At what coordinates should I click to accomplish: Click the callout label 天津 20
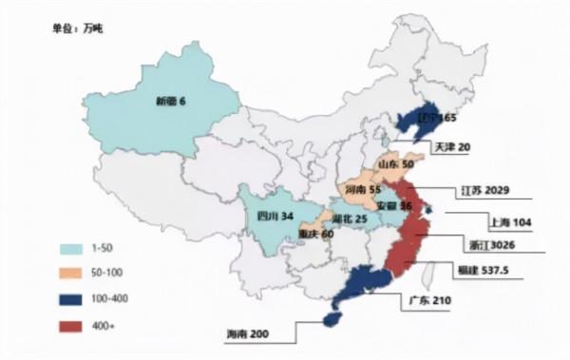click(x=451, y=148)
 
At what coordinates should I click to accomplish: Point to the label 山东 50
click(x=396, y=164)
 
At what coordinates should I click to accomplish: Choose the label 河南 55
click(x=361, y=190)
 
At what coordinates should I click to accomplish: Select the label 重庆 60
click(x=314, y=234)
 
